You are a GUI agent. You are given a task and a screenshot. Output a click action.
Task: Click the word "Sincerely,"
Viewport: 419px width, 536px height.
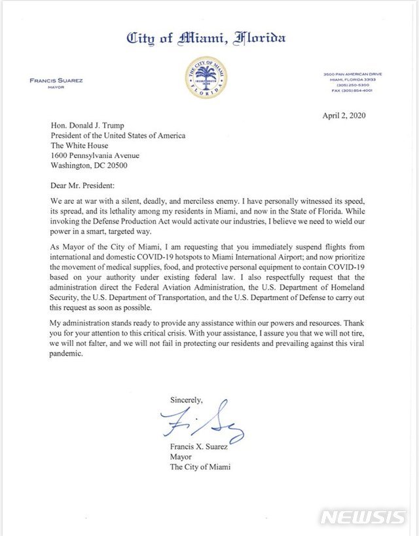click(x=187, y=399)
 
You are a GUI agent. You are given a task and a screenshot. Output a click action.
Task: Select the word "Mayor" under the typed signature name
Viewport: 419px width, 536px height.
click(x=182, y=457)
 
